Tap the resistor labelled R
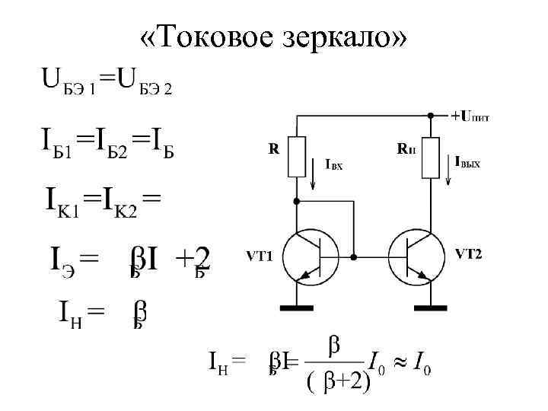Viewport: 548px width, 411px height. tap(297, 157)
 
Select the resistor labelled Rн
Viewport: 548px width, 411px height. tap(431, 157)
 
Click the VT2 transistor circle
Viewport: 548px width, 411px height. tap(415, 256)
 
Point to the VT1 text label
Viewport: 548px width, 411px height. tap(258, 254)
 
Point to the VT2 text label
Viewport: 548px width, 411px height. tap(470, 253)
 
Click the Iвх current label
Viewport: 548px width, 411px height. tap(334, 164)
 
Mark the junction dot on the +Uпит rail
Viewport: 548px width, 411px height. tap(431, 116)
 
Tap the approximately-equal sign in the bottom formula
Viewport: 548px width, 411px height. tap(397, 360)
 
